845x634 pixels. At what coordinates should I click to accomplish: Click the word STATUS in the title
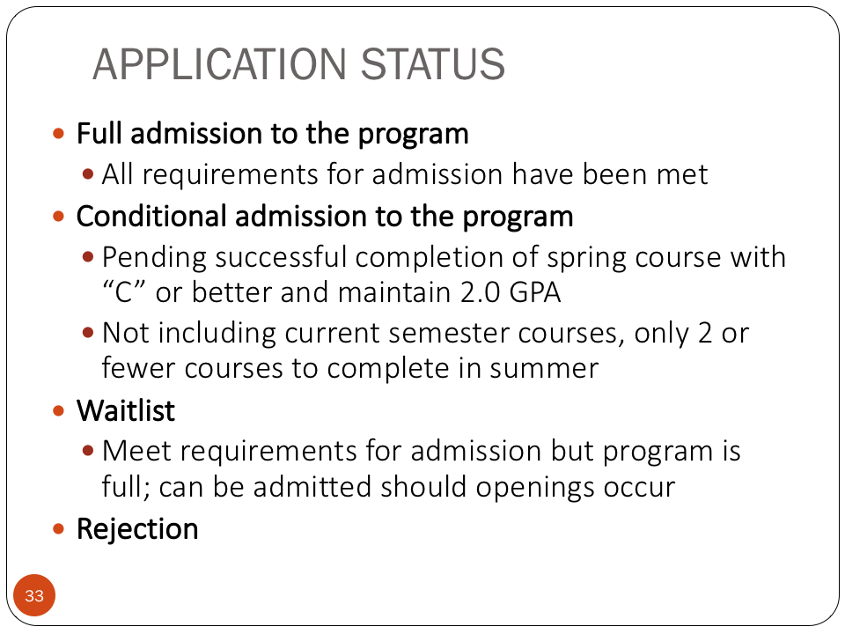point(433,64)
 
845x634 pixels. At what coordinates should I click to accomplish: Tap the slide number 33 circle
point(34,595)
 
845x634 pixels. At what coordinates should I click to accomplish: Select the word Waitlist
point(126,410)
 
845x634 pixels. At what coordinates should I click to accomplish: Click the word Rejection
point(137,529)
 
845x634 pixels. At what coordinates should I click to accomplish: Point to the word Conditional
point(151,217)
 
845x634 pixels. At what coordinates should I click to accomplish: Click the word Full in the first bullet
point(99,133)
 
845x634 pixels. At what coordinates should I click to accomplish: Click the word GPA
point(535,292)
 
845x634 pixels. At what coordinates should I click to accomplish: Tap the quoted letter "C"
point(124,292)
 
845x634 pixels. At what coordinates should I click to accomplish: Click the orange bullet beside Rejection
point(59,528)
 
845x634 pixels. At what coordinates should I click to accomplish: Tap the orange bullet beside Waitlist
point(59,411)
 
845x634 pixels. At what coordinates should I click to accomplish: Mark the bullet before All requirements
point(88,174)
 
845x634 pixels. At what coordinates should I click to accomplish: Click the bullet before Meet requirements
point(88,450)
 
